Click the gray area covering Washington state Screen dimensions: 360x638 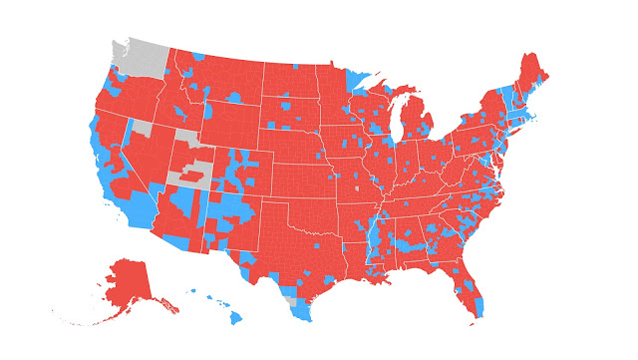click(140, 54)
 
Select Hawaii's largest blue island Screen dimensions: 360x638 click(235, 318)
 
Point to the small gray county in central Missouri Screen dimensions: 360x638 click(356, 185)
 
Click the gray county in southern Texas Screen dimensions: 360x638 click(290, 298)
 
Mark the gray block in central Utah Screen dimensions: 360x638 click(189, 178)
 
